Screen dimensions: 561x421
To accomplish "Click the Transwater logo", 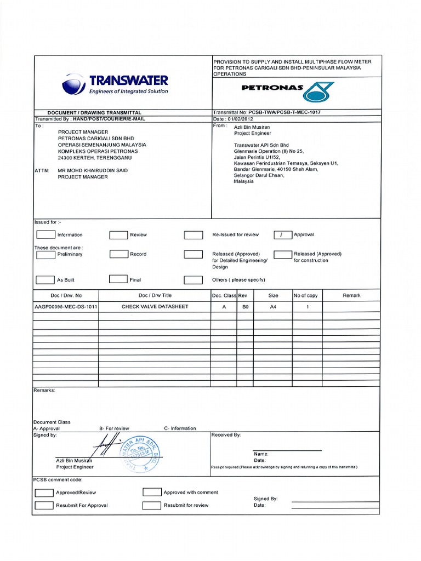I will tap(115, 84).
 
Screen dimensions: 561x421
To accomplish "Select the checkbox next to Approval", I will tap(283, 234).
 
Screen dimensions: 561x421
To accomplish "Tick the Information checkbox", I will tap(45, 234).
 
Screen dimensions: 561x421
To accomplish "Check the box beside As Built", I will tap(45, 279).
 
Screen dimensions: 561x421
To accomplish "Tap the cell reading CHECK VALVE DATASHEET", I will tap(155, 307).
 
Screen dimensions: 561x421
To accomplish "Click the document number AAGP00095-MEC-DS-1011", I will tap(66, 307).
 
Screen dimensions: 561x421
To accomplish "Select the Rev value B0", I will tap(246, 307).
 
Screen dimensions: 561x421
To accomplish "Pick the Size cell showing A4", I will tap(273, 307).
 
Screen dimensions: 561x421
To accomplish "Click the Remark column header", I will tap(351, 295).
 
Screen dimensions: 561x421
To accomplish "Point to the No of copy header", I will tap(305, 295).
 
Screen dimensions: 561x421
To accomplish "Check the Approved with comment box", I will tap(152, 492).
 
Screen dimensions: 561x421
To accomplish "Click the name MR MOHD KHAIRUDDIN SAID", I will tap(93, 170).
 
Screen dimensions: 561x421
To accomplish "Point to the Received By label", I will tap(226, 435).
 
